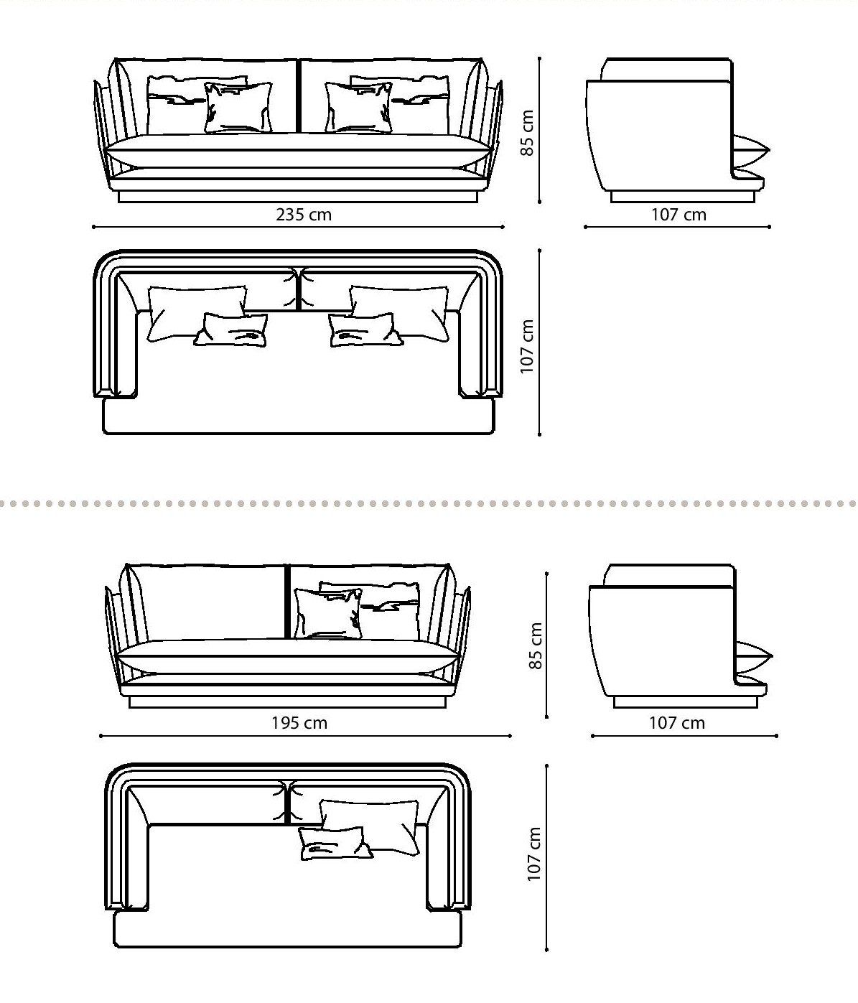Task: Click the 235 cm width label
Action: pos(304,214)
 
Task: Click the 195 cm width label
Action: pos(299,722)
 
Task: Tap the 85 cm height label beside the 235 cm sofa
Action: pos(528,133)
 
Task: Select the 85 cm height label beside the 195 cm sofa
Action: pos(536,645)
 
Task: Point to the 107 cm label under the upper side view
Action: pos(679,214)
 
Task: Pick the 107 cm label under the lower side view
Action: pos(677,722)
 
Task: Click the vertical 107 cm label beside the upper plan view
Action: pos(528,346)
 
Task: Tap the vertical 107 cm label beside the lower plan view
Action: pos(535,854)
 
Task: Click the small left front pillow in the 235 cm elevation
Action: pos(238,108)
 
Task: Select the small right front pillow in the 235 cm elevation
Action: pos(358,108)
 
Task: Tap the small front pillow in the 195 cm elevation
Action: pos(328,614)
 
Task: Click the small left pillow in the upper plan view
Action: pos(231,330)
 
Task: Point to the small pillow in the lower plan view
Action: pos(334,844)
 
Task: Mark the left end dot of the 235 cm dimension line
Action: pos(94,227)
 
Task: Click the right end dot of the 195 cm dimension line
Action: pos(510,735)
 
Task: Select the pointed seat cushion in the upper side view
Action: pos(750,150)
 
